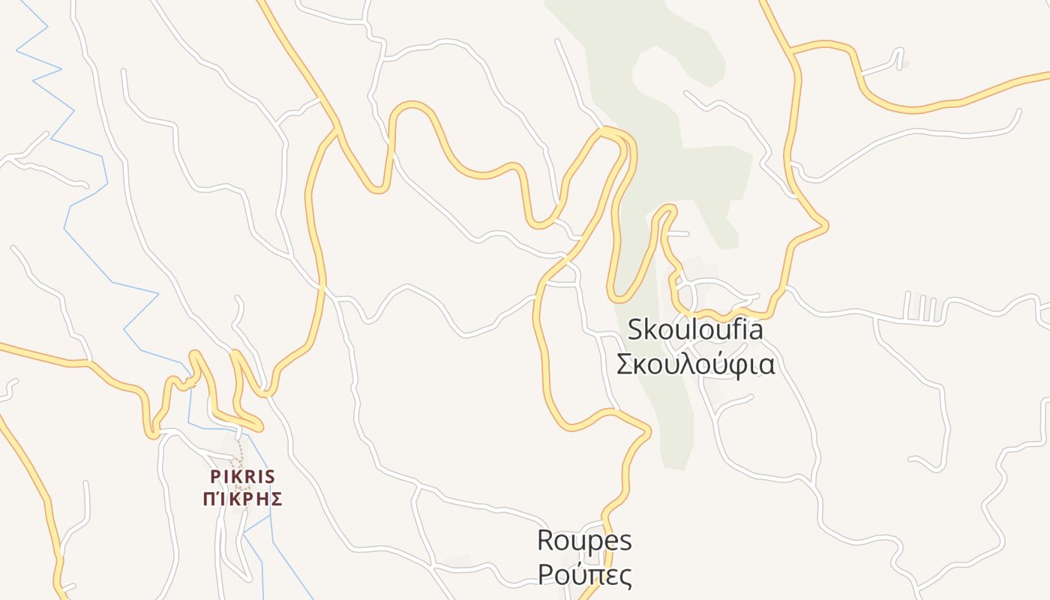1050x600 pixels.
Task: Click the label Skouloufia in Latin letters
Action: click(x=694, y=329)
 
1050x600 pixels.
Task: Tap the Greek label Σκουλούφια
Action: click(x=694, y=364)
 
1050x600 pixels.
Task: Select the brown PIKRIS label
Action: click(x=242, y=477)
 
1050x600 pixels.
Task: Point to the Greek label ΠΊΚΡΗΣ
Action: click(x=242, y=499)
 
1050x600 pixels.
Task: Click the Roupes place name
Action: click(x=584, y=540)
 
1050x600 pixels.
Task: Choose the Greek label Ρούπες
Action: click(x=584, y=575)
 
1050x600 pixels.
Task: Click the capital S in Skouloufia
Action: click(x=635, y=329)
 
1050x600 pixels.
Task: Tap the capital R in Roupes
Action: click(x=545, y=540)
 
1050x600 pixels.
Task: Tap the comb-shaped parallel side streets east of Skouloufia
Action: click(x=920, y=307)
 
